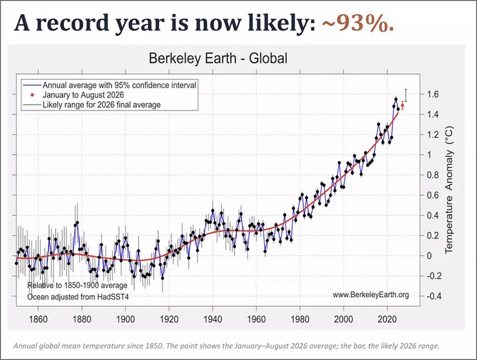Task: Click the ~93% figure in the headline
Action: (x=358, y=23)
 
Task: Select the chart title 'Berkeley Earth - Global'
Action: (x=218, y=58)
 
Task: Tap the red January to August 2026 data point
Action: (x=403, y=106)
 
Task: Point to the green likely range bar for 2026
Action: (x=406, y=95)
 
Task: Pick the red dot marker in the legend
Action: (x=32, y=95)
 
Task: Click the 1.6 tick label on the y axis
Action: (x=432, y=94)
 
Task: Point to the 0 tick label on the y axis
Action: (x=429, y=256)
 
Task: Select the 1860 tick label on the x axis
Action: (x=38, y=319)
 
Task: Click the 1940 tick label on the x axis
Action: (x=213, y=319)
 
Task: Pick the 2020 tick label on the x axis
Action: (x=387, y=319)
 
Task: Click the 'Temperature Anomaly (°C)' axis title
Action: (x=449, y=190)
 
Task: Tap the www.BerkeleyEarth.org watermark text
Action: (x=371, y=295)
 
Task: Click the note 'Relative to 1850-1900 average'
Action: (x=77, y=286)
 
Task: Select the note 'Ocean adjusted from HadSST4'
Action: (x=78, y=296)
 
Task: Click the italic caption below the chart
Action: (x=227, y=346)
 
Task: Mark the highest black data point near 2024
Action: (x=396, y=99)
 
